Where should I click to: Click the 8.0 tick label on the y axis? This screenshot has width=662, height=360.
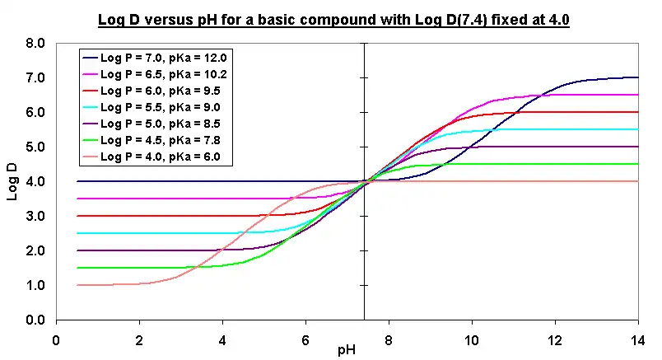coord(34,43)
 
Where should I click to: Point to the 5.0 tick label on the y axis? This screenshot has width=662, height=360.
coord(34,147)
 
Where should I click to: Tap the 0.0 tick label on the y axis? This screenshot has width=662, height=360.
coord(34,320)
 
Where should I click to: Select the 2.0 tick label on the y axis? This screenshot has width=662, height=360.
coord(34,250)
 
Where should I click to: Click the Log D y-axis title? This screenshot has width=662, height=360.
coord(12,181)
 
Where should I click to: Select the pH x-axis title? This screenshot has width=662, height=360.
coord(347,350)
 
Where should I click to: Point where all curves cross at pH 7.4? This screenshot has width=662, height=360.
coord(363,181)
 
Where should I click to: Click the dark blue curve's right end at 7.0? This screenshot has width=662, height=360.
coord(636,77)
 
